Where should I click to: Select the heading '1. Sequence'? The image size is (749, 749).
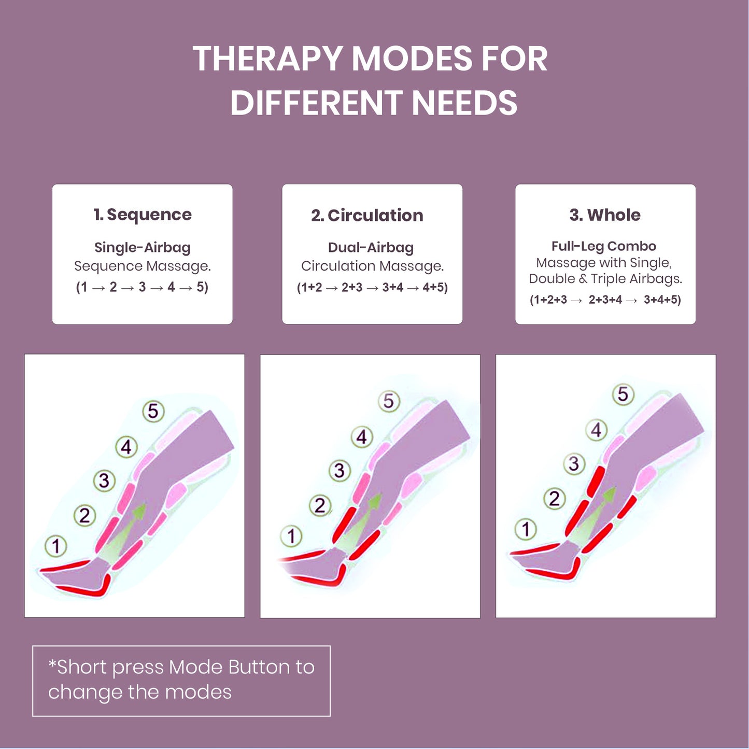[143, 215]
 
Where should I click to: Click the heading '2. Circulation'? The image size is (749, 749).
[367, 215]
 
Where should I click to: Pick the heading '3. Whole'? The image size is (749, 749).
[605, 215]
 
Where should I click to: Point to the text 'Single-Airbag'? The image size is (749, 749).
[143, 247]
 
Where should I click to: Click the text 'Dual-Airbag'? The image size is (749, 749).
[371, 247]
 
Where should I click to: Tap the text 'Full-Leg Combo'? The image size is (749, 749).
[604, 246]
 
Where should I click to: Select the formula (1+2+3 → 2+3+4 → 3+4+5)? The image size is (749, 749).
[605, 300]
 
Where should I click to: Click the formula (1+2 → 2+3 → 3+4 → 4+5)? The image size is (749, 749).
[372, 287]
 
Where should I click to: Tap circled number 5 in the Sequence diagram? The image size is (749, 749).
[153, 411]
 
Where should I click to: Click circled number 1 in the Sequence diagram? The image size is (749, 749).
[56, 546]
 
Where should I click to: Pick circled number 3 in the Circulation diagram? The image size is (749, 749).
[340, 471]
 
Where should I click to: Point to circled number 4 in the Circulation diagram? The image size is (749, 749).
[362, 437]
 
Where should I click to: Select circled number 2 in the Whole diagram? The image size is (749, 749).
[555, 499]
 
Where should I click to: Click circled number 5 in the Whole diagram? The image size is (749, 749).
[623, 394]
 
